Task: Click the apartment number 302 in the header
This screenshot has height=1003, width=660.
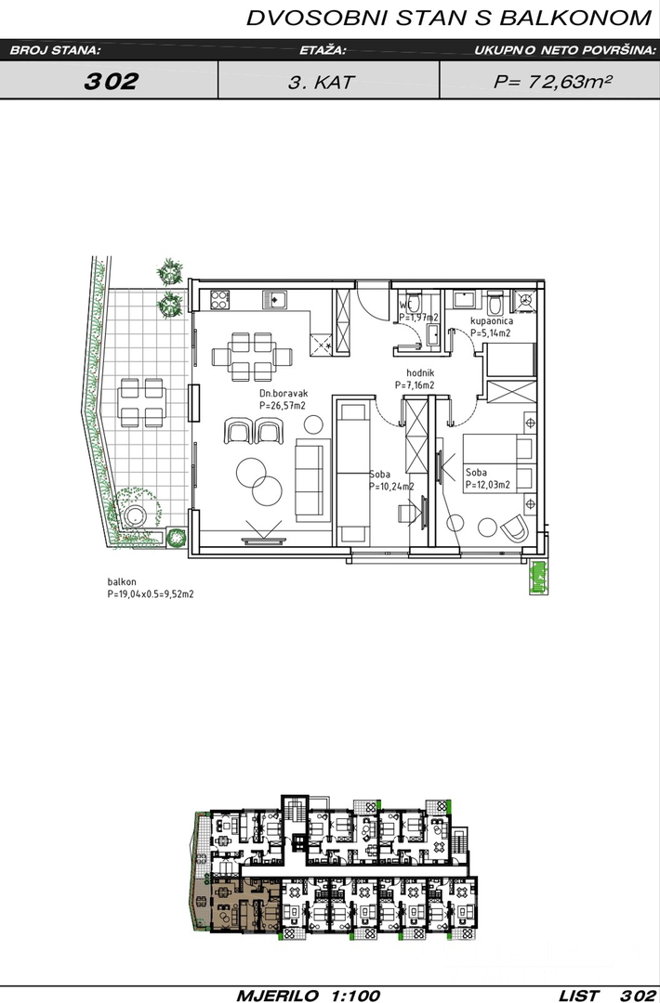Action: (111, 81)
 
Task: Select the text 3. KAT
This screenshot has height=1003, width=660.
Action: (321, 82)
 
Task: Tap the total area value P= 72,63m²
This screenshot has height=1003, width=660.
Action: (550, 81)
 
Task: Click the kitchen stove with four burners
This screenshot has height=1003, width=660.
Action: (219, 299)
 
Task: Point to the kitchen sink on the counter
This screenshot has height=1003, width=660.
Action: (274, 298)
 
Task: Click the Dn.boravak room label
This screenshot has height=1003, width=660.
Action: (284, 394)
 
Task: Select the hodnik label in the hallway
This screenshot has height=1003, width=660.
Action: (420, 373)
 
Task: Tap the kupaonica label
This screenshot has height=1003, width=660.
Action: (492, 321)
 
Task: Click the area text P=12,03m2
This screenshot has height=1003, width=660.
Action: (488, 485)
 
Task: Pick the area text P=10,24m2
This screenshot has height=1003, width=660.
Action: (391, 486)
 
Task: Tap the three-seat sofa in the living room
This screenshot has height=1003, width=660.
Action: (309, 480)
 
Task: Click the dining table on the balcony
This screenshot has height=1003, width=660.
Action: (141, 403)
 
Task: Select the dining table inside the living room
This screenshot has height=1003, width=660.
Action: (252, 357)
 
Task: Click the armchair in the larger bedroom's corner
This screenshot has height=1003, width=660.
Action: (514, 528)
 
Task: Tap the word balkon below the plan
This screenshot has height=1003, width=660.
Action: (122, 582)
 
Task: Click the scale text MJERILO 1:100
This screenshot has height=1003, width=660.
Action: (309, 996)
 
